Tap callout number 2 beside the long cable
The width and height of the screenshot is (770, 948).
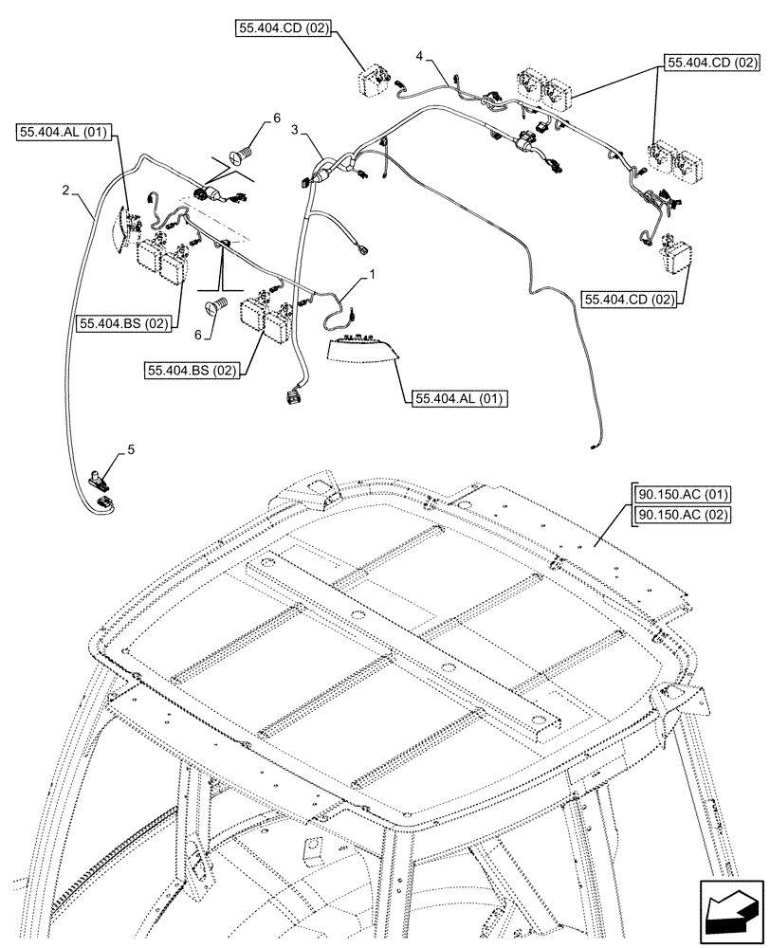click(65, 191)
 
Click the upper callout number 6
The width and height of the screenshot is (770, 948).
click(276, 118)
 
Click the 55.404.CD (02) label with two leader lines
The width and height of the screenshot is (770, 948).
click(713, 64)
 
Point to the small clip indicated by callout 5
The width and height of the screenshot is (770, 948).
click(99, 479)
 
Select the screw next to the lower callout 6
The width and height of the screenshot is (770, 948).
click(216, 307)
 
